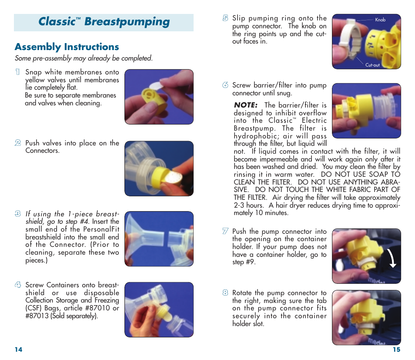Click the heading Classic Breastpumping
point(104,22)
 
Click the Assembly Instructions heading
point(67,47)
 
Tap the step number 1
point(17,72)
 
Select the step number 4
point(17,285)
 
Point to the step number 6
point(225,85)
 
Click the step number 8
point(225,293)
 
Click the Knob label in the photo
point(380,20)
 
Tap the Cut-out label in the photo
point(372,65)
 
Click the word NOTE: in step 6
point(246,105)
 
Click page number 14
point(18,350)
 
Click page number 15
point(396,350)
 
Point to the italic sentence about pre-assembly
point(84,58)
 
